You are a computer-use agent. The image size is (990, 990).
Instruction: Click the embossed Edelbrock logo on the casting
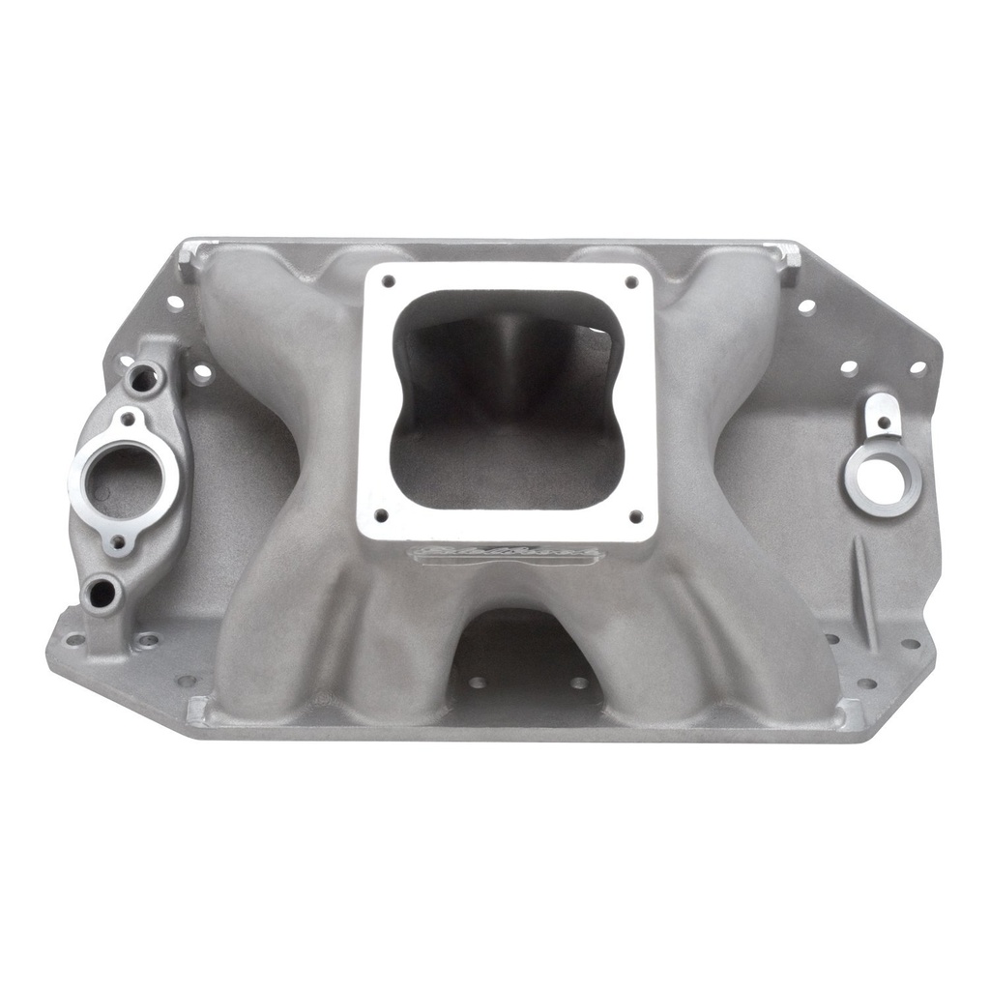[507, 554]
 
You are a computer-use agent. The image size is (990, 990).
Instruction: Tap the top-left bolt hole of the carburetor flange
[389, 281]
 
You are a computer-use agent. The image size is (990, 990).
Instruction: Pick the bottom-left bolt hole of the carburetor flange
[380, 515]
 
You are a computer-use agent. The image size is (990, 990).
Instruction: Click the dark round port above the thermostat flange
[142, 379]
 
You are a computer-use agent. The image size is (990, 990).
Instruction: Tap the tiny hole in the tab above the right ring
[883, 422]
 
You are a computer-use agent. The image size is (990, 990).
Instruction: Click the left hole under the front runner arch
[476, 683]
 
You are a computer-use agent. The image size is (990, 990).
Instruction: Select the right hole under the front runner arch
[579, 683]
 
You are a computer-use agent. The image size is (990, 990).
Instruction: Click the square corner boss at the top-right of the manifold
[789, 256]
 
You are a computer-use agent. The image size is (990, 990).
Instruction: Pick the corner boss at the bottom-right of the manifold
[850, 713]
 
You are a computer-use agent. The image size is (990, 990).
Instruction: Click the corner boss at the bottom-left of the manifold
[197, 711]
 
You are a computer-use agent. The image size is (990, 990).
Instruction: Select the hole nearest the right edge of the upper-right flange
[917, 367]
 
